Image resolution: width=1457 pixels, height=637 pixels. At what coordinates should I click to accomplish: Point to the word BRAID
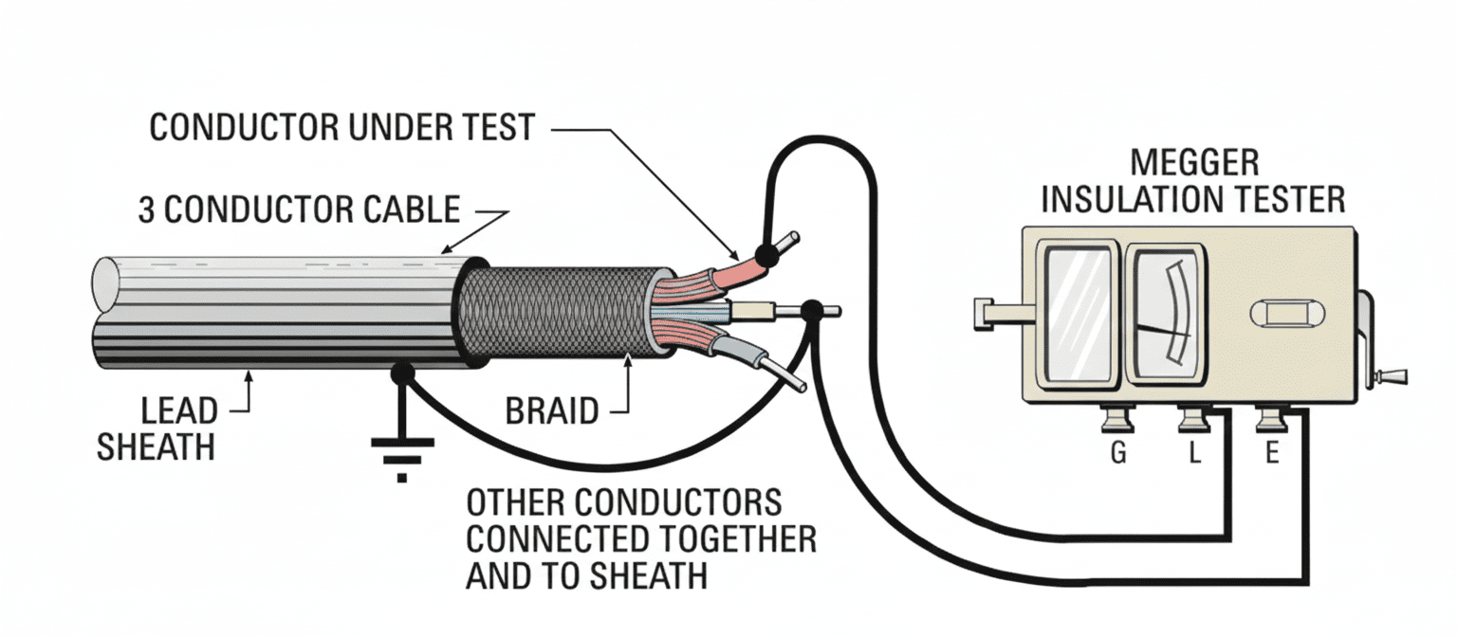click(x=551, y=412)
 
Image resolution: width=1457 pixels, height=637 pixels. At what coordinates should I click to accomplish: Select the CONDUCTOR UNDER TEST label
click(x=342, y=127)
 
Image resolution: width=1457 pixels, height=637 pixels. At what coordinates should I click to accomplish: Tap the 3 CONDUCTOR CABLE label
click(x=300, y=209)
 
